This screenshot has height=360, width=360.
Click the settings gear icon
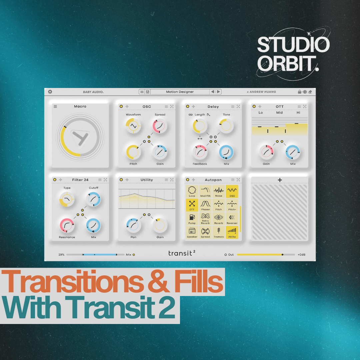(50, 92)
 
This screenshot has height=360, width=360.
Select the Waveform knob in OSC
(133, 126)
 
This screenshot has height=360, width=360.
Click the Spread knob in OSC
(160, 126)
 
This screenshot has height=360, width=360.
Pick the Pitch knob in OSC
(133, 152)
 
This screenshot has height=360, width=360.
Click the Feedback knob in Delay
(200, 152)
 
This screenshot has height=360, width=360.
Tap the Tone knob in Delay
(226, 126)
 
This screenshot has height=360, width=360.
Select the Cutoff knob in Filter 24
(94, 199)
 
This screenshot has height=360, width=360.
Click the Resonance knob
(67, 225)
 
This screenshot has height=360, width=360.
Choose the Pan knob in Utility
(133, 225)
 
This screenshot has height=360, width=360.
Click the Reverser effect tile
(232, 219)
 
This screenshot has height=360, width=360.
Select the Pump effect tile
(192, 219)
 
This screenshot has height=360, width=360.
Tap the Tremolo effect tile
(219, 232)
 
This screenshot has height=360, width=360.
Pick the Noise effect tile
(219, 191)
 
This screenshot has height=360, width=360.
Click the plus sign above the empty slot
(280, 180)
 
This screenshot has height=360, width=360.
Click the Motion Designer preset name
(180, 92)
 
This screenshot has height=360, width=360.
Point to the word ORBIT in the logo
(287, 63)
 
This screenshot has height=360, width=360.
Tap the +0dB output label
(301, 255)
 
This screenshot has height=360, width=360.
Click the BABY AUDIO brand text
(93, 92)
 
